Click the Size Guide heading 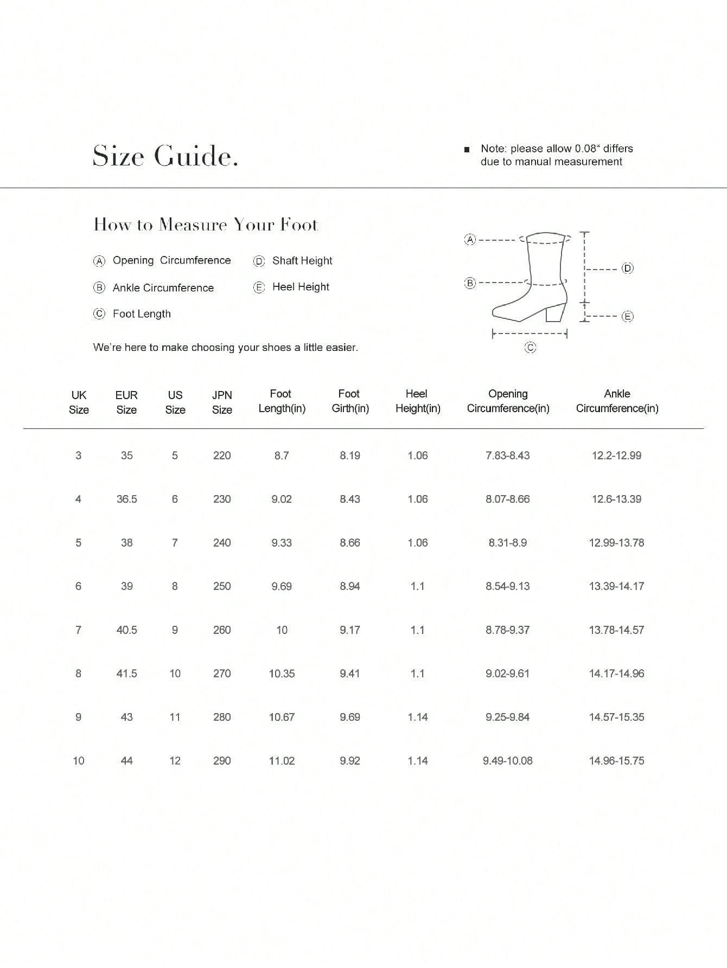tap(165, 156)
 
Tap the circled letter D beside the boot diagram tap(628, 268)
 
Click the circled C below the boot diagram tap(530, 348)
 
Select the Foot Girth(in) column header tap(350, 401)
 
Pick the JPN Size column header tap(222, 402)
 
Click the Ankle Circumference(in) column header tap(617, 401)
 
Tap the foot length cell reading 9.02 tap(282, 499)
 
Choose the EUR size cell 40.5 tap(126, 630)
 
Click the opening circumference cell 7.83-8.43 tap(507, 456)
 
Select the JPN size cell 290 tap(222, 760)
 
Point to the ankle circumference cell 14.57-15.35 tap(616, 717)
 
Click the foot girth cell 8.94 tap(350, 586)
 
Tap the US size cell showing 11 tap(175, 717)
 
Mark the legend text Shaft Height tap(302, 261)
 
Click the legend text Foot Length tap(142, 314)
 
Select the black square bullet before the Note tap(467, 149)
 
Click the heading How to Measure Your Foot tap(206, 225)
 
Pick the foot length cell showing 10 tap(282, 630)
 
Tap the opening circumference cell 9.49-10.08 tap(507, 760)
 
